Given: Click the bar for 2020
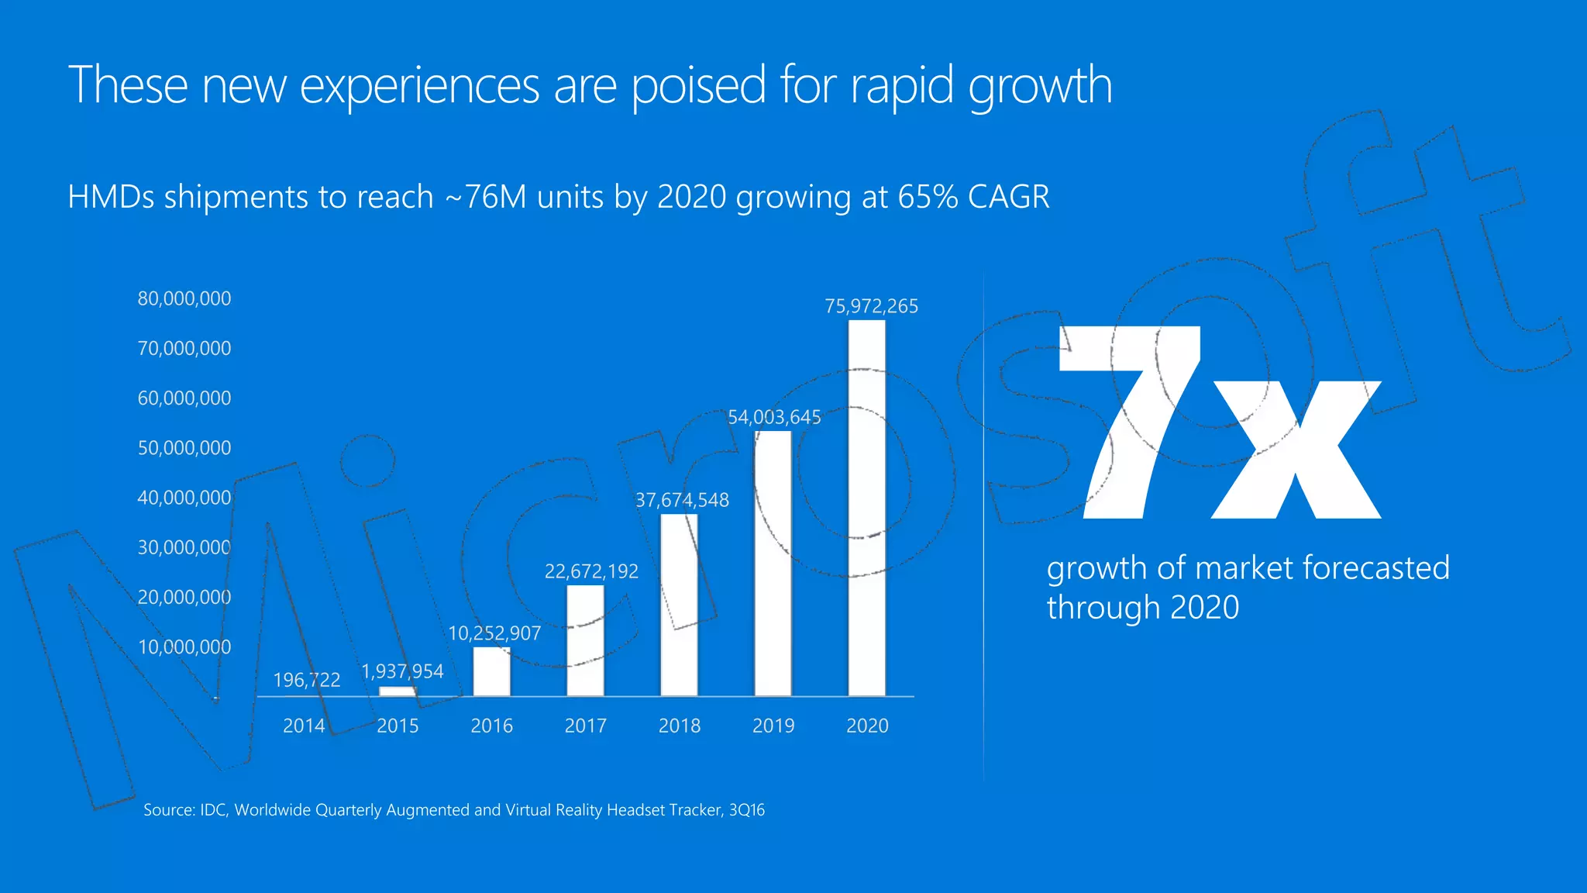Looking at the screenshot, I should click(866, 508).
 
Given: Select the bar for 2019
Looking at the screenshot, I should click(773, 564).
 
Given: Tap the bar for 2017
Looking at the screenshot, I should click(585, 641).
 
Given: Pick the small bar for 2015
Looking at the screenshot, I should click(398, 691).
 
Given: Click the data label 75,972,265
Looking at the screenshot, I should click(871, 306).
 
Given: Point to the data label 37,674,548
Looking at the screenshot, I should click(682, 500).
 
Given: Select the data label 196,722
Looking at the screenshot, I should click(307, 680).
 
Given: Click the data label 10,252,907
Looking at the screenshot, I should click(494, 633).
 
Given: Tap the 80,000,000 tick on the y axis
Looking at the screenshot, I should click(184, 298).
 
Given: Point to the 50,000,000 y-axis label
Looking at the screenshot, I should click(184, 448).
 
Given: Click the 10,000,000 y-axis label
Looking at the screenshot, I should click(184, 647).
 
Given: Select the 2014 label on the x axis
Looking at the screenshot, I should click(304, 726).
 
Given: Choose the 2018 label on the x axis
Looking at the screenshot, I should click(680, 726).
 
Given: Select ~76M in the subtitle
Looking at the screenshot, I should click(485, 197).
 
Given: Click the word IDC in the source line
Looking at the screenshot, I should click(213, 810).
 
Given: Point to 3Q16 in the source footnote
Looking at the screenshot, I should click(746, 810).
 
